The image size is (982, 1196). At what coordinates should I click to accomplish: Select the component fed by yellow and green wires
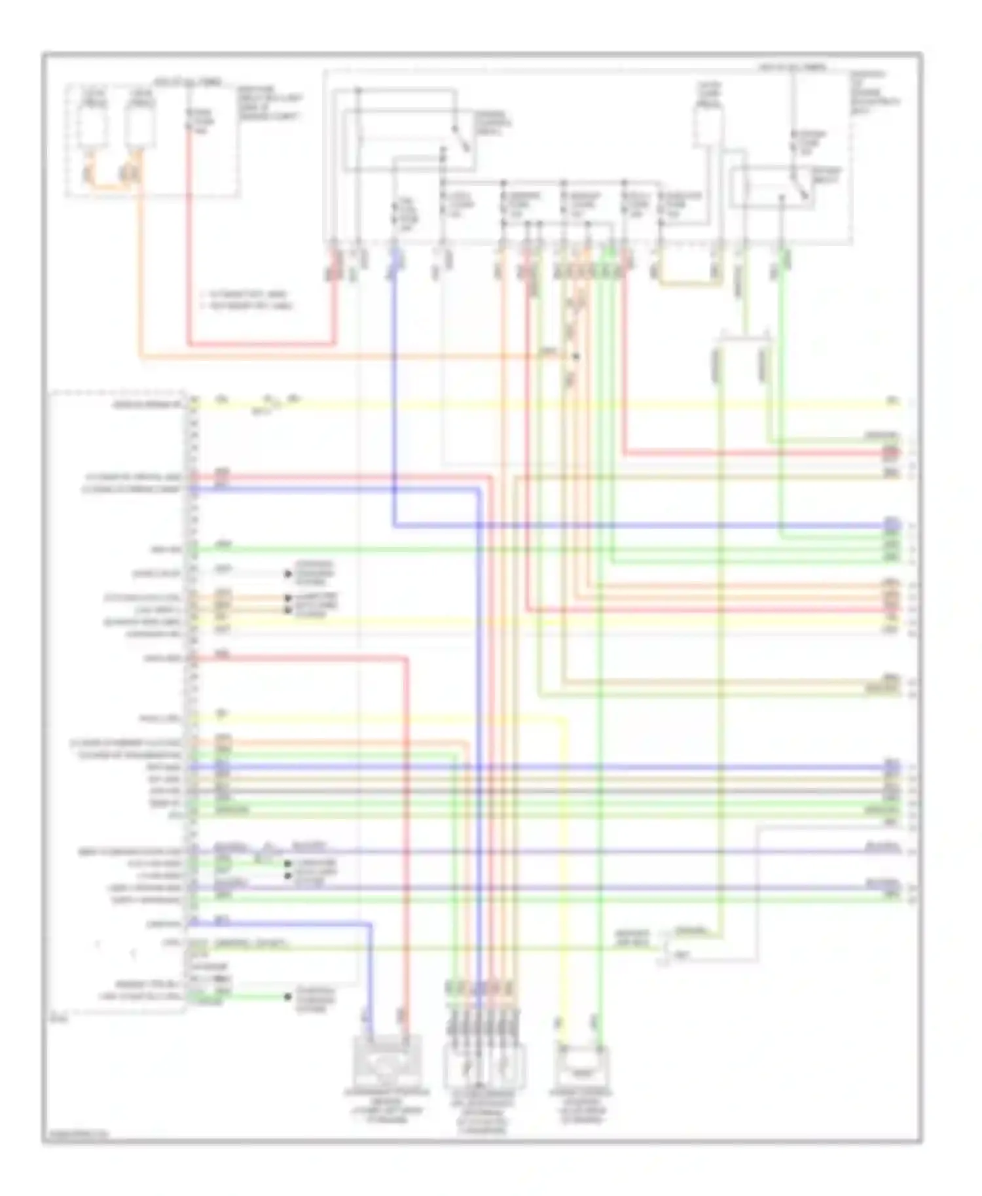(x=582, y=1066)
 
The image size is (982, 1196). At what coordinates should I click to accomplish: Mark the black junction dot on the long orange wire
(x=575, y=357)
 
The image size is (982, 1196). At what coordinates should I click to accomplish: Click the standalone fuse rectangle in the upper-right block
(x=708, y=127)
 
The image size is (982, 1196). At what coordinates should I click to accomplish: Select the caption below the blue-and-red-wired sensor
(x=387, y=1106)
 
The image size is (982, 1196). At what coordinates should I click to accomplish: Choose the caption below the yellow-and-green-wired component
(x=582, y=1106)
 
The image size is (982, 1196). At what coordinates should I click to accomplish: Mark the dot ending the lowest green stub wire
(x=287, y=997)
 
